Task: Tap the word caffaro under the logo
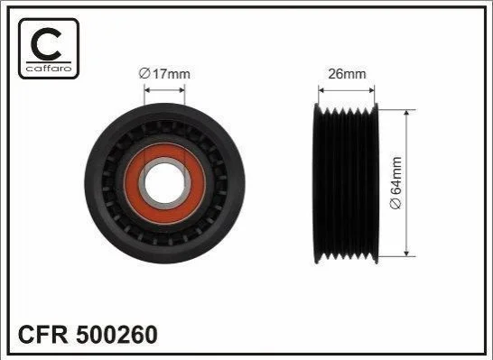point(49,69)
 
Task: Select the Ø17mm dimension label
point(164,74)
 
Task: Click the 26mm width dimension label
point(347,74)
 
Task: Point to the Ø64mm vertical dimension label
point(395,183)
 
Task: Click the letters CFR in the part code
point(43,335)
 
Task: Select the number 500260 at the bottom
point(116,335)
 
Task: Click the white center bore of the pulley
point(164,183)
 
